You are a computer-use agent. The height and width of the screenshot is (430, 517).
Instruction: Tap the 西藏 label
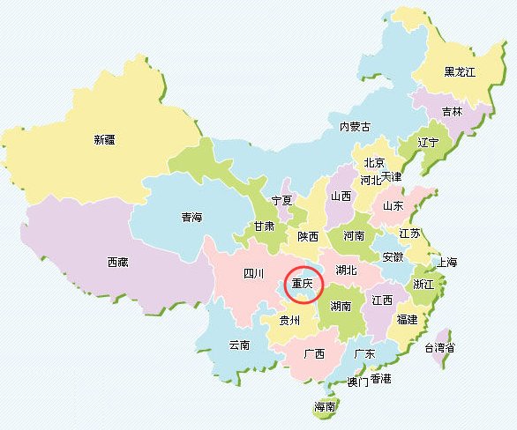tap(118, 262)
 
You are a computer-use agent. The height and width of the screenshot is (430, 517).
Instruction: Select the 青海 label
tap(192, 218)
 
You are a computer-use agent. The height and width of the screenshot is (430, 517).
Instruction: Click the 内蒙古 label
tap(356, 127)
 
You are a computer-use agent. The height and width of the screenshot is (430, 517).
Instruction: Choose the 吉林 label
tap(452, 112)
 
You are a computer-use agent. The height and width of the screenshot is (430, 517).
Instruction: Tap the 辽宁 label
tap(429, 142)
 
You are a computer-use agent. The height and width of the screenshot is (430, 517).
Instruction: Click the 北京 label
tap(374, 163)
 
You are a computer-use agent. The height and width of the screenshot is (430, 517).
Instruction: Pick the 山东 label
tap(393, 205)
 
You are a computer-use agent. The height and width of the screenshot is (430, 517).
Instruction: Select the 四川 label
tap(254, 274)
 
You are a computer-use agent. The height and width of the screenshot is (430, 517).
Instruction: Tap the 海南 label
tap(326, 407)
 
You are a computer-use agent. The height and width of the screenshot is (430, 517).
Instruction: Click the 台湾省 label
tap(439, 348)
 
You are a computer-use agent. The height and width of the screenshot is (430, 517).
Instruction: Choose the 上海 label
tap(447, 263)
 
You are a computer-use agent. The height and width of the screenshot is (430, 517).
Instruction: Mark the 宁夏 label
tap(281, 201)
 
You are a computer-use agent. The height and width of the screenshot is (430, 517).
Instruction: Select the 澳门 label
tap(357, 382)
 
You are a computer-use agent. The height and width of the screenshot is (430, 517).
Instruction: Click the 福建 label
tap(407, 319)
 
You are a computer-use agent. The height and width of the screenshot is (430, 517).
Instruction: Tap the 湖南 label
tap(341, 307)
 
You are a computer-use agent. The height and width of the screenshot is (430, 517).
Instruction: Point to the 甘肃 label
tap(264, 226)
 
